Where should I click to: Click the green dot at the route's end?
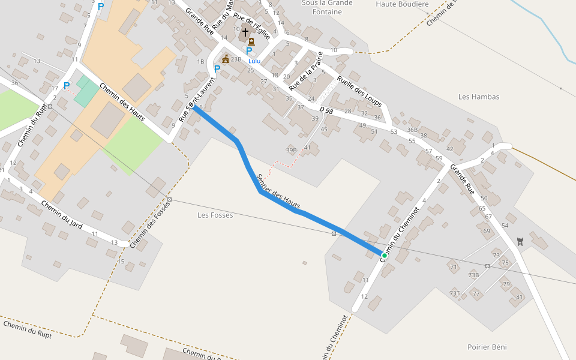pos(384,255)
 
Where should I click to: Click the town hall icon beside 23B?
pos(226,59)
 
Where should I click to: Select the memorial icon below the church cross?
pos(251,41)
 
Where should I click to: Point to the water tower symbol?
pos(520,241)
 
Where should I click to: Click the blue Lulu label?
pos(254,61)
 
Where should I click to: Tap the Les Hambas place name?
pos(478,97)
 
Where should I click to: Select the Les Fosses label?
pos(215,215)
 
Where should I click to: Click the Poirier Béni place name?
pos(487,347)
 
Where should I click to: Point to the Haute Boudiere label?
pos(402,4)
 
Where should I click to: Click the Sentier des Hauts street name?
pos(277,191)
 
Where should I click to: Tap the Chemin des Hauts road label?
pos(122,101)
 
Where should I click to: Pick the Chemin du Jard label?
pos(62,215)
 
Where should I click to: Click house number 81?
pos(520,297)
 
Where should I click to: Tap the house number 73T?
pos(454,293)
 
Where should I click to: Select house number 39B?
pos(292,150)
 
